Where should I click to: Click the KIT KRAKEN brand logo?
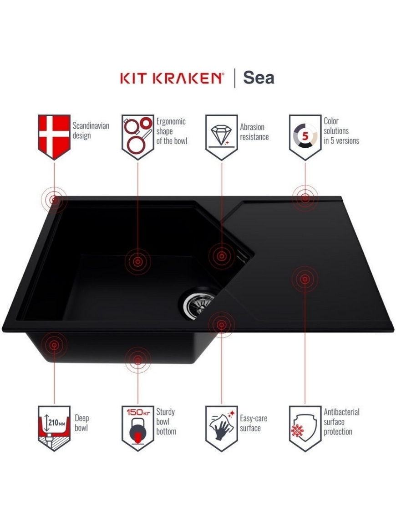(x=172, y=78)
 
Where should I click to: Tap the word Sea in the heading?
(x=259, y=78)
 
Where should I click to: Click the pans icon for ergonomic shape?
(x=138, y=137)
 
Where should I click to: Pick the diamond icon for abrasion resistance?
(x=221, y=137)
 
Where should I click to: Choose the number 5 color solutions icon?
(x=305, y=137)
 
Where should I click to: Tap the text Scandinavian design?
(x=91, y=131)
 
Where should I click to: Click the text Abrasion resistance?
(x=254, y=132)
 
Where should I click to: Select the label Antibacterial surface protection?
(x=341, y=422)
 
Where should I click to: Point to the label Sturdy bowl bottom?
(x=166, y=422)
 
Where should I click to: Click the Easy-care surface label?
(x=254, y=423)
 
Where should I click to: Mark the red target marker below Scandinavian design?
(x=54, y=200)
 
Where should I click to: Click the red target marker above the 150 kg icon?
(x=137, y=360)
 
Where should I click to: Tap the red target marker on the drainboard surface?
(x=305, y=279)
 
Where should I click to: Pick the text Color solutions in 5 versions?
(x=341, y=131)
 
